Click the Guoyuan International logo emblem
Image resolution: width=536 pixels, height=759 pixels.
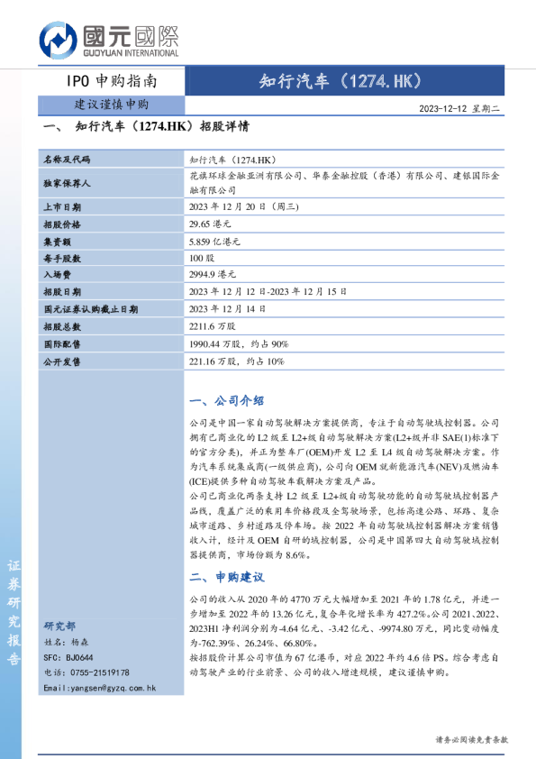[59, 41]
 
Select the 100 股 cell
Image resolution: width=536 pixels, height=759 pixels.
[202, 258]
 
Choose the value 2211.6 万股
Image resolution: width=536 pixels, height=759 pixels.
[213, 326]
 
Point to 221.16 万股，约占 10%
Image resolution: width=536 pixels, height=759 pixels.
[236, 361]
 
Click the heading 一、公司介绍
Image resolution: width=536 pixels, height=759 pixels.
[227, 401]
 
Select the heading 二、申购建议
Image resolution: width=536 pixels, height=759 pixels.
[227, 577]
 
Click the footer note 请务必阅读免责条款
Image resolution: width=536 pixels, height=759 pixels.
[472, 739]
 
